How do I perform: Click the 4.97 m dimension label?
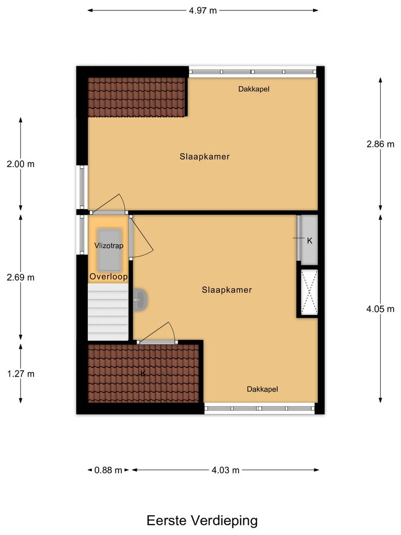[202, 10]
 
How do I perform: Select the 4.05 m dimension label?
[380, 309]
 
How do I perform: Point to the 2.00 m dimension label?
[21, 164]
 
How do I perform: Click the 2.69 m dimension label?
[21, 277]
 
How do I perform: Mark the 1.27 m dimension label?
[21, 374]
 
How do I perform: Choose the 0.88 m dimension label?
[108, 470]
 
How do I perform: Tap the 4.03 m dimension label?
[225, 470]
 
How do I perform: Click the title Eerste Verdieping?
[202, 520]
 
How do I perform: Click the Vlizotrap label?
[108, 245]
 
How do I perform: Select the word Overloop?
[108, 276]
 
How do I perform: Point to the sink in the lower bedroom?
[140, 300]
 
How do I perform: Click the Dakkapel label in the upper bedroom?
[254, 89]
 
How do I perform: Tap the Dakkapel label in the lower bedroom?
[262, 389]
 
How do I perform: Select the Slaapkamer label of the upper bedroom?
[205, 156]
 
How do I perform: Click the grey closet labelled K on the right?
[309, 240]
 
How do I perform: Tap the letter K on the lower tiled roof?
[142, 373]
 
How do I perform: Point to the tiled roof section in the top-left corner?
[136, 97]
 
